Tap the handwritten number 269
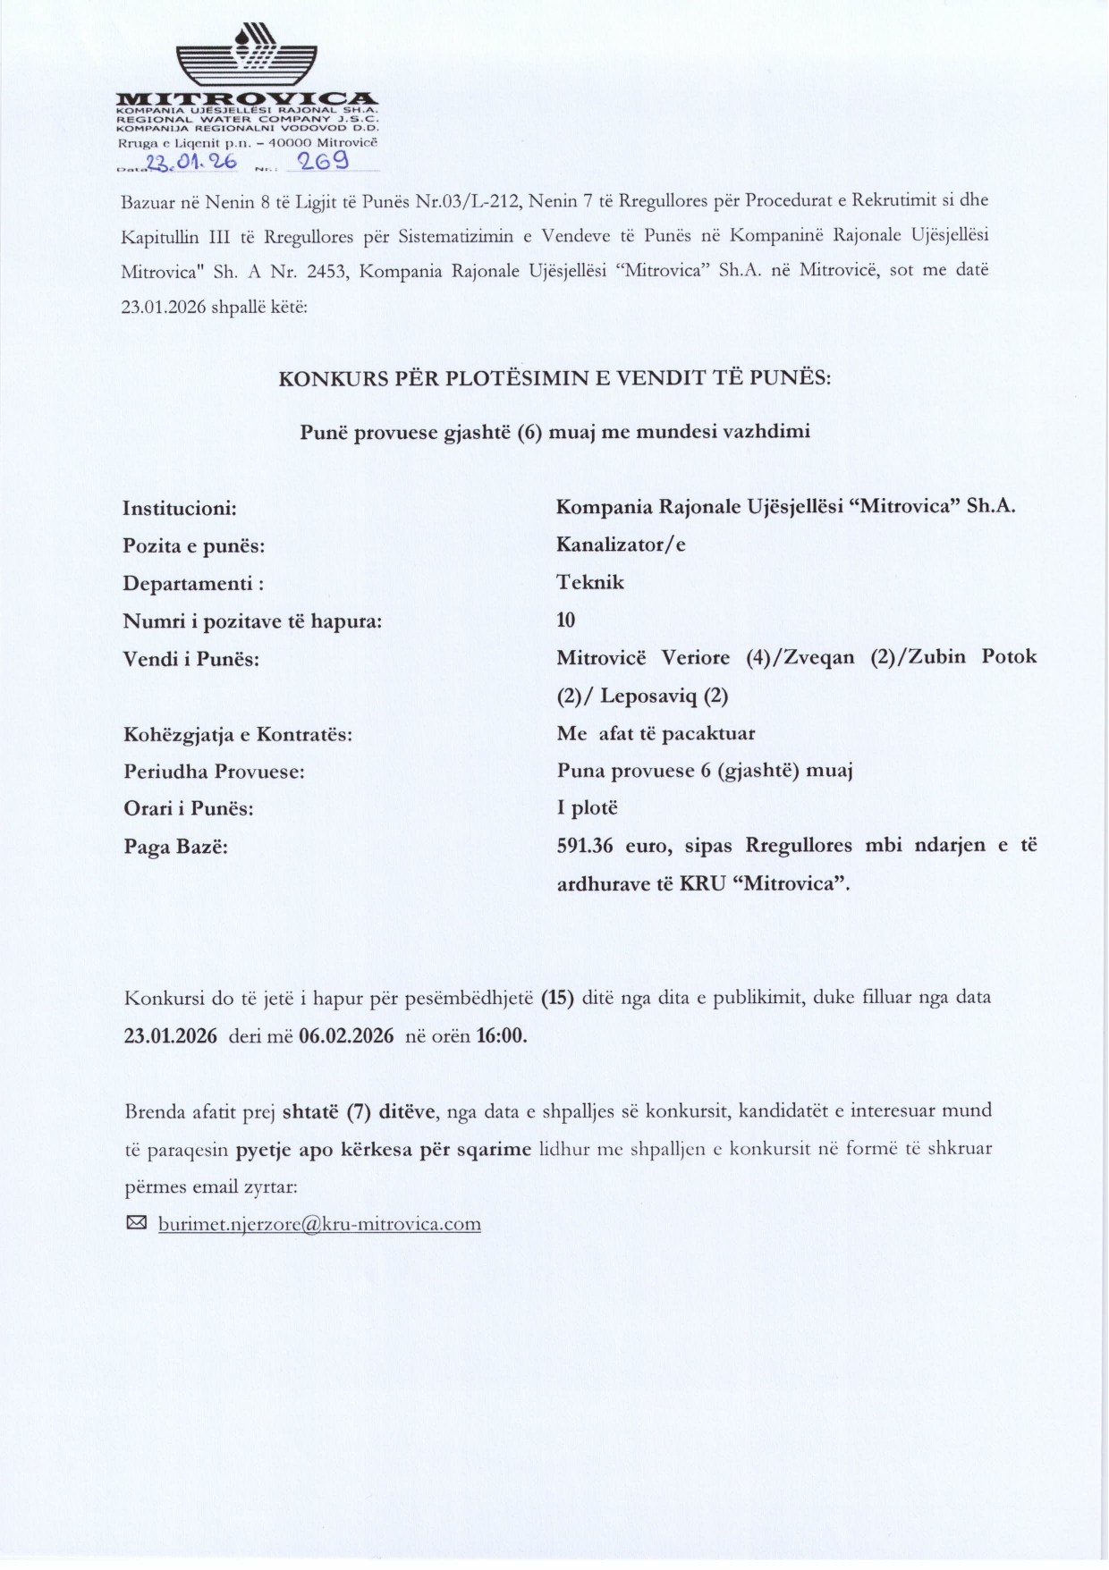click(x=323, y=162)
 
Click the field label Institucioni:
click(x=180, y=509)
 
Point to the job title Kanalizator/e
click(x=621, y=544)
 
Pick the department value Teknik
click(x=590, y=582)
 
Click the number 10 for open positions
click(x=565, y=620)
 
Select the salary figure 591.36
click(x=585, y=845)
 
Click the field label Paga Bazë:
click(x=175, y=846)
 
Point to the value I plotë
click(x=587, y=808)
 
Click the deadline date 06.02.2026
click(x=346, y=1035)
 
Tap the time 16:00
click(x=501, y=1035)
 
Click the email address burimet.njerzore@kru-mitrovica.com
click(x=319, y=1224)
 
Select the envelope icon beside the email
click(x=137, y=1222)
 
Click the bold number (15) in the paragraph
click(x=557, y=997)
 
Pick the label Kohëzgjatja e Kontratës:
click(x=237, y=735)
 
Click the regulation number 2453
click(x=326, y=271)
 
